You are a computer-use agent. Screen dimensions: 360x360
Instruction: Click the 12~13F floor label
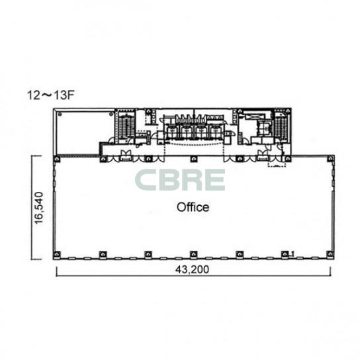click(50, 95)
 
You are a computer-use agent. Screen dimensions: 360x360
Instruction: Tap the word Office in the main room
click(193, 207)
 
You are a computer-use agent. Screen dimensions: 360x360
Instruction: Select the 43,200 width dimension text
click(192, 269)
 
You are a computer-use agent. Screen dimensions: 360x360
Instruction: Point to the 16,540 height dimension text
click(38, 208)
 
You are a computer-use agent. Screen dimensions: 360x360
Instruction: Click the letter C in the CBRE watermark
click(146, 180)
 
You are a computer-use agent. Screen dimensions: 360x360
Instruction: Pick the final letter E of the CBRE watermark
click(214, 180)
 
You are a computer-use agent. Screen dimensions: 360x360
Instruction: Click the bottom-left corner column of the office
click(57, 254)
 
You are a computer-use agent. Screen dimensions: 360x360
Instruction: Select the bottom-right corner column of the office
click(330, 254)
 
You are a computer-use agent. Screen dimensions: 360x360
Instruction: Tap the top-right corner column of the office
click(331, 158)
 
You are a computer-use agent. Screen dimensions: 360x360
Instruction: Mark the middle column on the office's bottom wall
click(193, 254)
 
